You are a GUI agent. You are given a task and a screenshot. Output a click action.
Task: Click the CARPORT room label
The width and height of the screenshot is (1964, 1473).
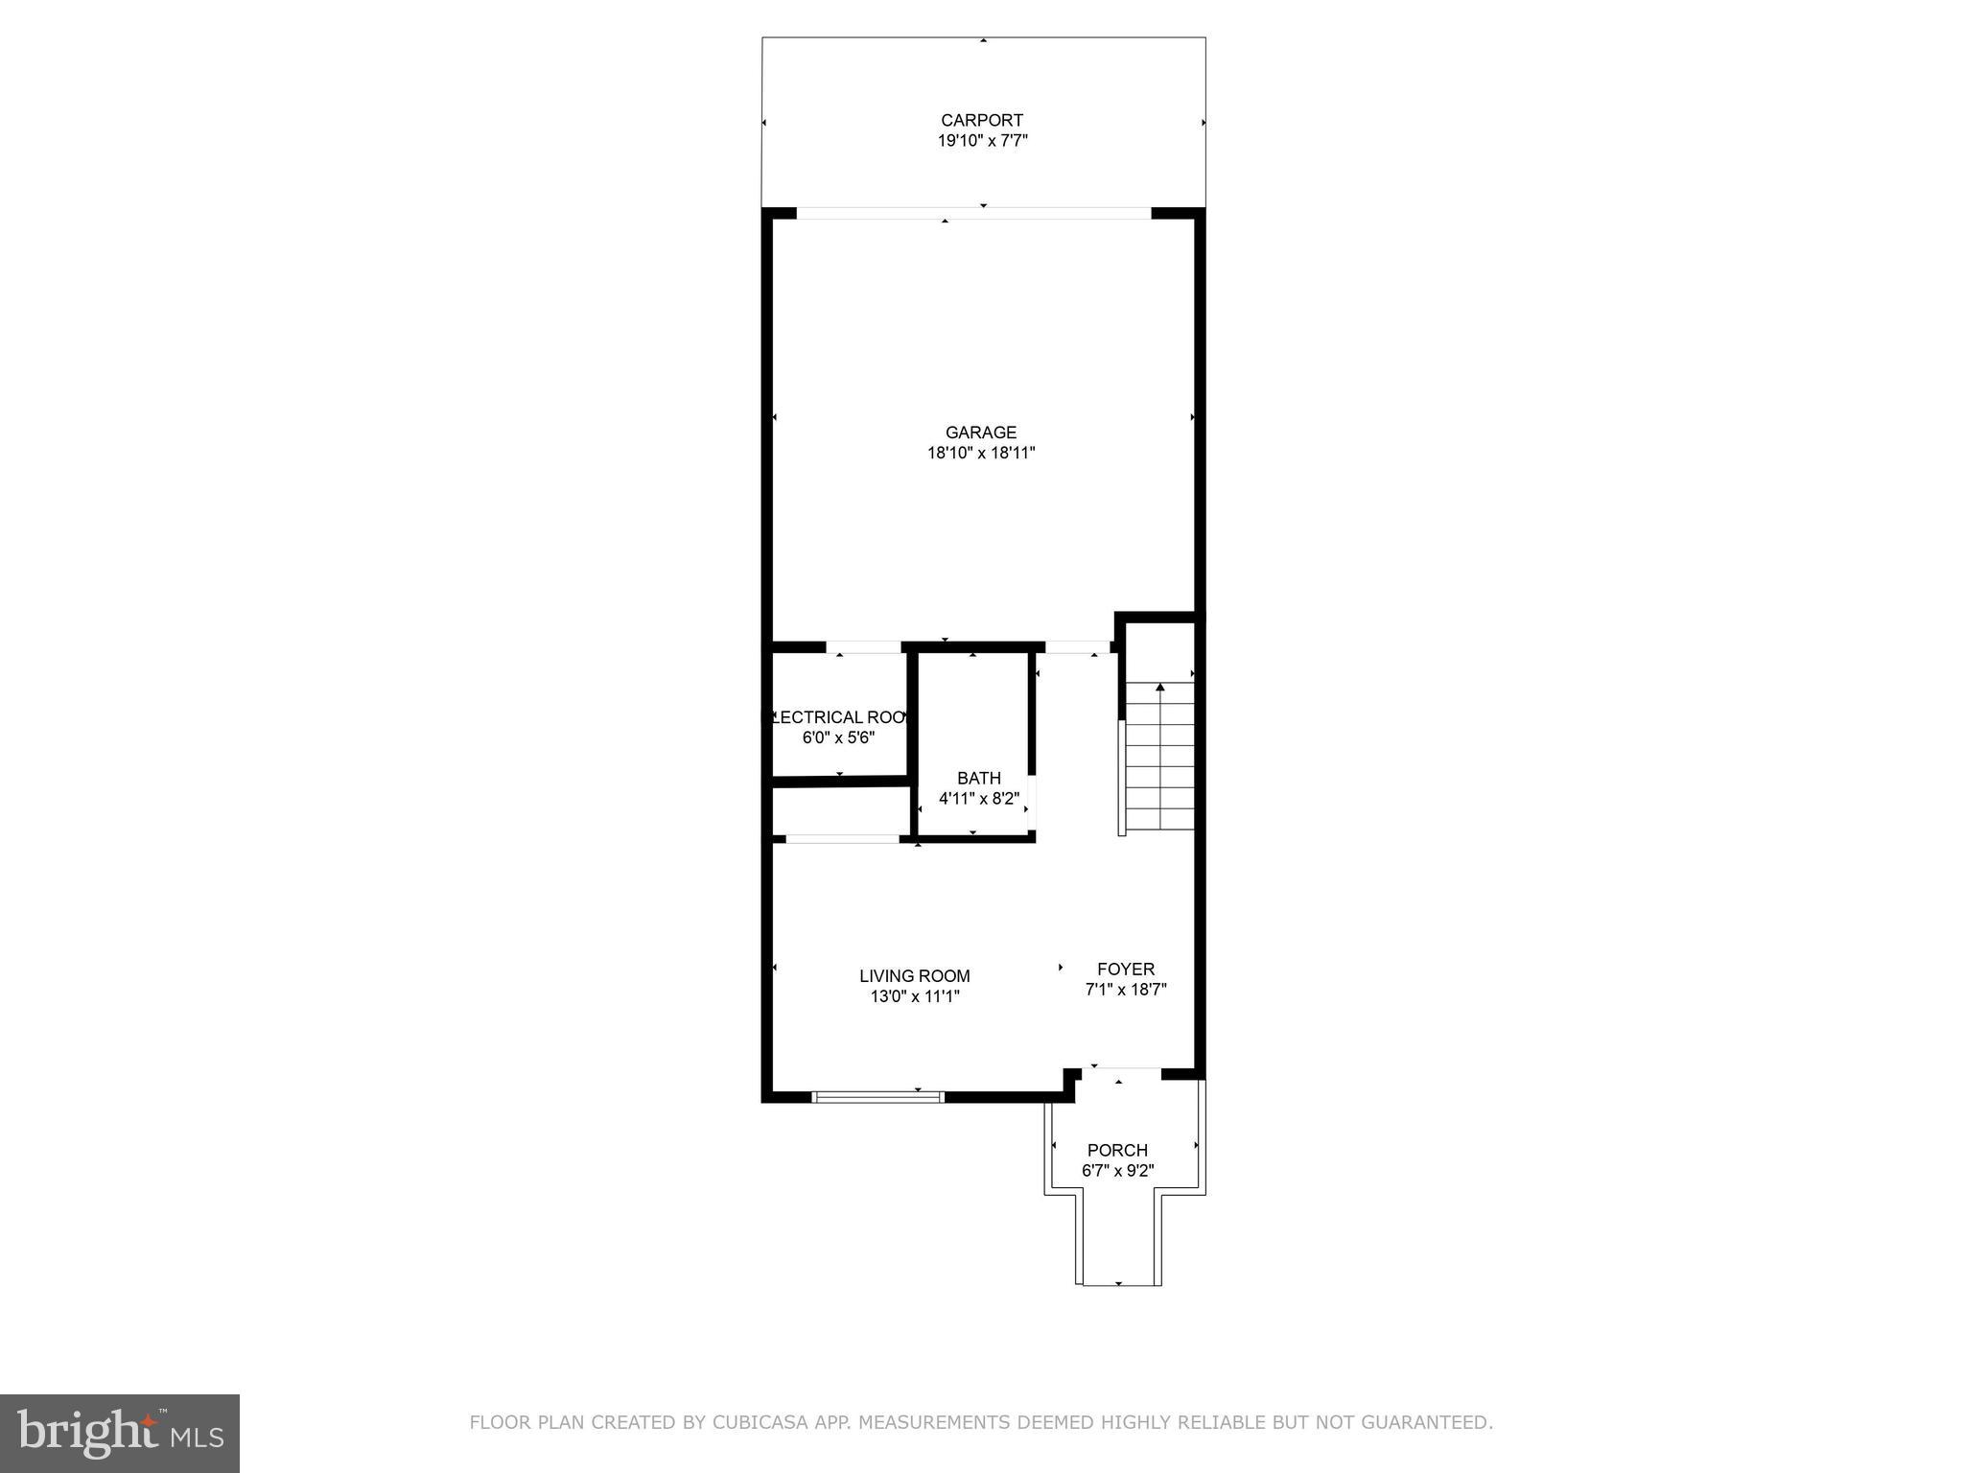(982, 120)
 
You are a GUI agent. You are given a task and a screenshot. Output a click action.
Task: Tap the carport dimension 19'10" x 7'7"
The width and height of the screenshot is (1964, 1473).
(982, 141)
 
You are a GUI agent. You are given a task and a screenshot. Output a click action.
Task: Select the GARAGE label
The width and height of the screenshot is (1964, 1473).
(980, 433)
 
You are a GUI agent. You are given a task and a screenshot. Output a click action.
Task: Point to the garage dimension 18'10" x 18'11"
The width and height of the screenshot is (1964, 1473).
(980, 453)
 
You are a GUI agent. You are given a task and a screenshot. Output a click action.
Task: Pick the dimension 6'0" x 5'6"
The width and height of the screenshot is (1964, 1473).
(838, 737)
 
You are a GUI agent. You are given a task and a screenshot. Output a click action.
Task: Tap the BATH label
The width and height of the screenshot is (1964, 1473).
(978, 778)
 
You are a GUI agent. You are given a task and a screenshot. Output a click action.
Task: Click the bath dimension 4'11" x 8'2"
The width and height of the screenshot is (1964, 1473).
(978, 798)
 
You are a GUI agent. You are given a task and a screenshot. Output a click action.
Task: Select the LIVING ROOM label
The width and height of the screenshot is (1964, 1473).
(914, 976)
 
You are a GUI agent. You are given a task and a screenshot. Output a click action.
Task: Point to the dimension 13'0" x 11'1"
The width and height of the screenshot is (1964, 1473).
(914, 996)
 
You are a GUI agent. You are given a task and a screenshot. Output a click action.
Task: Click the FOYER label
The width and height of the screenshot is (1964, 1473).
(1125, 970)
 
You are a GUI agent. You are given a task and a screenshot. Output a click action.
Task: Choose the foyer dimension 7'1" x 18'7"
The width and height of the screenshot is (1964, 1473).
(1125, 990)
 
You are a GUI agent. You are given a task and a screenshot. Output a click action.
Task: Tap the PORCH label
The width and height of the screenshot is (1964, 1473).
(1117, 1150)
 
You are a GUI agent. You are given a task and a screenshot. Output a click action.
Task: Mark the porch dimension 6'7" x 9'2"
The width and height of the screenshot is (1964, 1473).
(1117, 1170)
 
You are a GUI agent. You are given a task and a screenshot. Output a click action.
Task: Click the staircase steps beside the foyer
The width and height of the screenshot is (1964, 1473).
(1159, 758)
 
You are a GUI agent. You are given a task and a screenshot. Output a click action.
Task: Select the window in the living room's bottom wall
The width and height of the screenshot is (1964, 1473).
(877, 1097)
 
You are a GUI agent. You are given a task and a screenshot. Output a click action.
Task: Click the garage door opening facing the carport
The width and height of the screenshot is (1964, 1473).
(973, 213)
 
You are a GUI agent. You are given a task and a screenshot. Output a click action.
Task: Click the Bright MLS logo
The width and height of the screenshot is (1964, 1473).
(119, 1434)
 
